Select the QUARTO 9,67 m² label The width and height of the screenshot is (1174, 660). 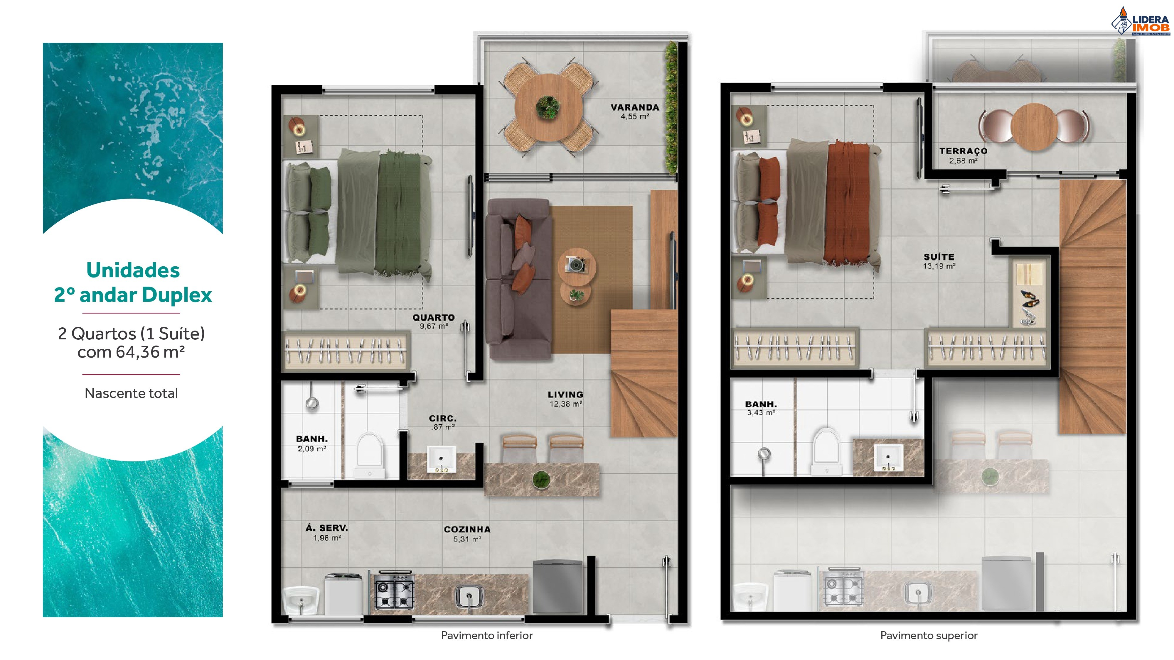click(433, 321)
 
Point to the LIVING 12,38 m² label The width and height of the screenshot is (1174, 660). click(565, 399)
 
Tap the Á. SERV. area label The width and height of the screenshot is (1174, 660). click(326, 532)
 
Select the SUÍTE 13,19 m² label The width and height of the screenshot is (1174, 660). click(939, 261)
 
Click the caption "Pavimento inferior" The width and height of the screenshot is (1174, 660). click(487, 635)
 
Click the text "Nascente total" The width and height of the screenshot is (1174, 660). click(131, 393)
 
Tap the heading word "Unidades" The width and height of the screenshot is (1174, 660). click(133, 270)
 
